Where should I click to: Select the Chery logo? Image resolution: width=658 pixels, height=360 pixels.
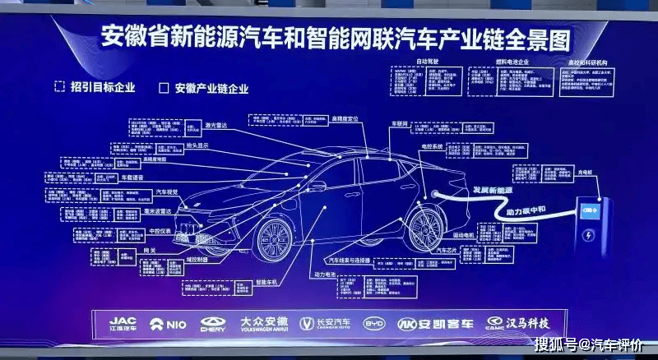pyautogui.click(x=212, y=324)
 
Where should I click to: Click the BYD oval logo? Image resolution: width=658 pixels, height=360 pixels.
pyautogui.click(x=373, y=324)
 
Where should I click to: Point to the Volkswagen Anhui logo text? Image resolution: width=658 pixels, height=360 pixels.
pyautogui.click(x=264, y=322)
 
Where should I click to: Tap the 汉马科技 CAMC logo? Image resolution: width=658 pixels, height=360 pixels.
pyautogui.click(x=517, y=323)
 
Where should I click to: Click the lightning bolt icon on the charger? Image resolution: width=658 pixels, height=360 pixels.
pyautogui.click(x=589, y=237)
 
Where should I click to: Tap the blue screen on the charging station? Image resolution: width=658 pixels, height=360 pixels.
pyautogui.click(x=590, y=210)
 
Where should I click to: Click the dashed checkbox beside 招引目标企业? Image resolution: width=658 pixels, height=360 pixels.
pyautogui.click(x=58, y=86)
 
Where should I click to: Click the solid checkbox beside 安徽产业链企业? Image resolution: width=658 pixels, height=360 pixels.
pyautogui.click(x=163, y=87)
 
